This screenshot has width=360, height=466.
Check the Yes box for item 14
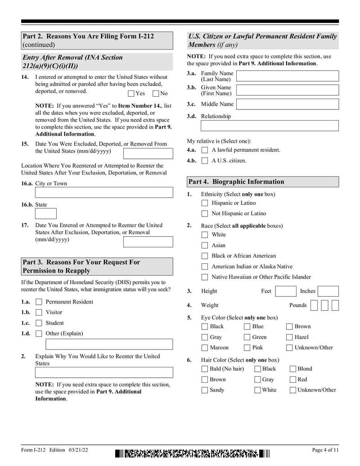[131, 94]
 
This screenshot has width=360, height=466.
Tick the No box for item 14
[156, 94]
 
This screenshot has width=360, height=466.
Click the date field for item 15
[148, 153]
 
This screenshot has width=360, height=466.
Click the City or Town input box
[104, 193]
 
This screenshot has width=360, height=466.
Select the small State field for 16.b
[46, 213]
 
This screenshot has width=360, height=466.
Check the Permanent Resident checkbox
[39, 302]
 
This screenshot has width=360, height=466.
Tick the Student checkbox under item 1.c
[39, 323]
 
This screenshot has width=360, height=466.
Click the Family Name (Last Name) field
[287, 76]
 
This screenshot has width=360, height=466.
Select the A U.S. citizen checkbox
[205, 161]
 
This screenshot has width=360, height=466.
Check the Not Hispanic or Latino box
[205, 214]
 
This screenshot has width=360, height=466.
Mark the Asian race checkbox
[205, 246]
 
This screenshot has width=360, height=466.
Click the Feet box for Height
[285, 291]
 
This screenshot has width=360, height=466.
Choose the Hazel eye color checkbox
[289, 337]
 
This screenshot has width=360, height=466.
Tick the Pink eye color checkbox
[247, 348]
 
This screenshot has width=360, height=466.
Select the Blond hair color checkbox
[293, 369]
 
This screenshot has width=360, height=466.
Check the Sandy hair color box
[205, 390]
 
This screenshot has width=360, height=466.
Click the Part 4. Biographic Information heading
[262, 182]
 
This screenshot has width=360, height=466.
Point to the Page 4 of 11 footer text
[325, 450]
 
